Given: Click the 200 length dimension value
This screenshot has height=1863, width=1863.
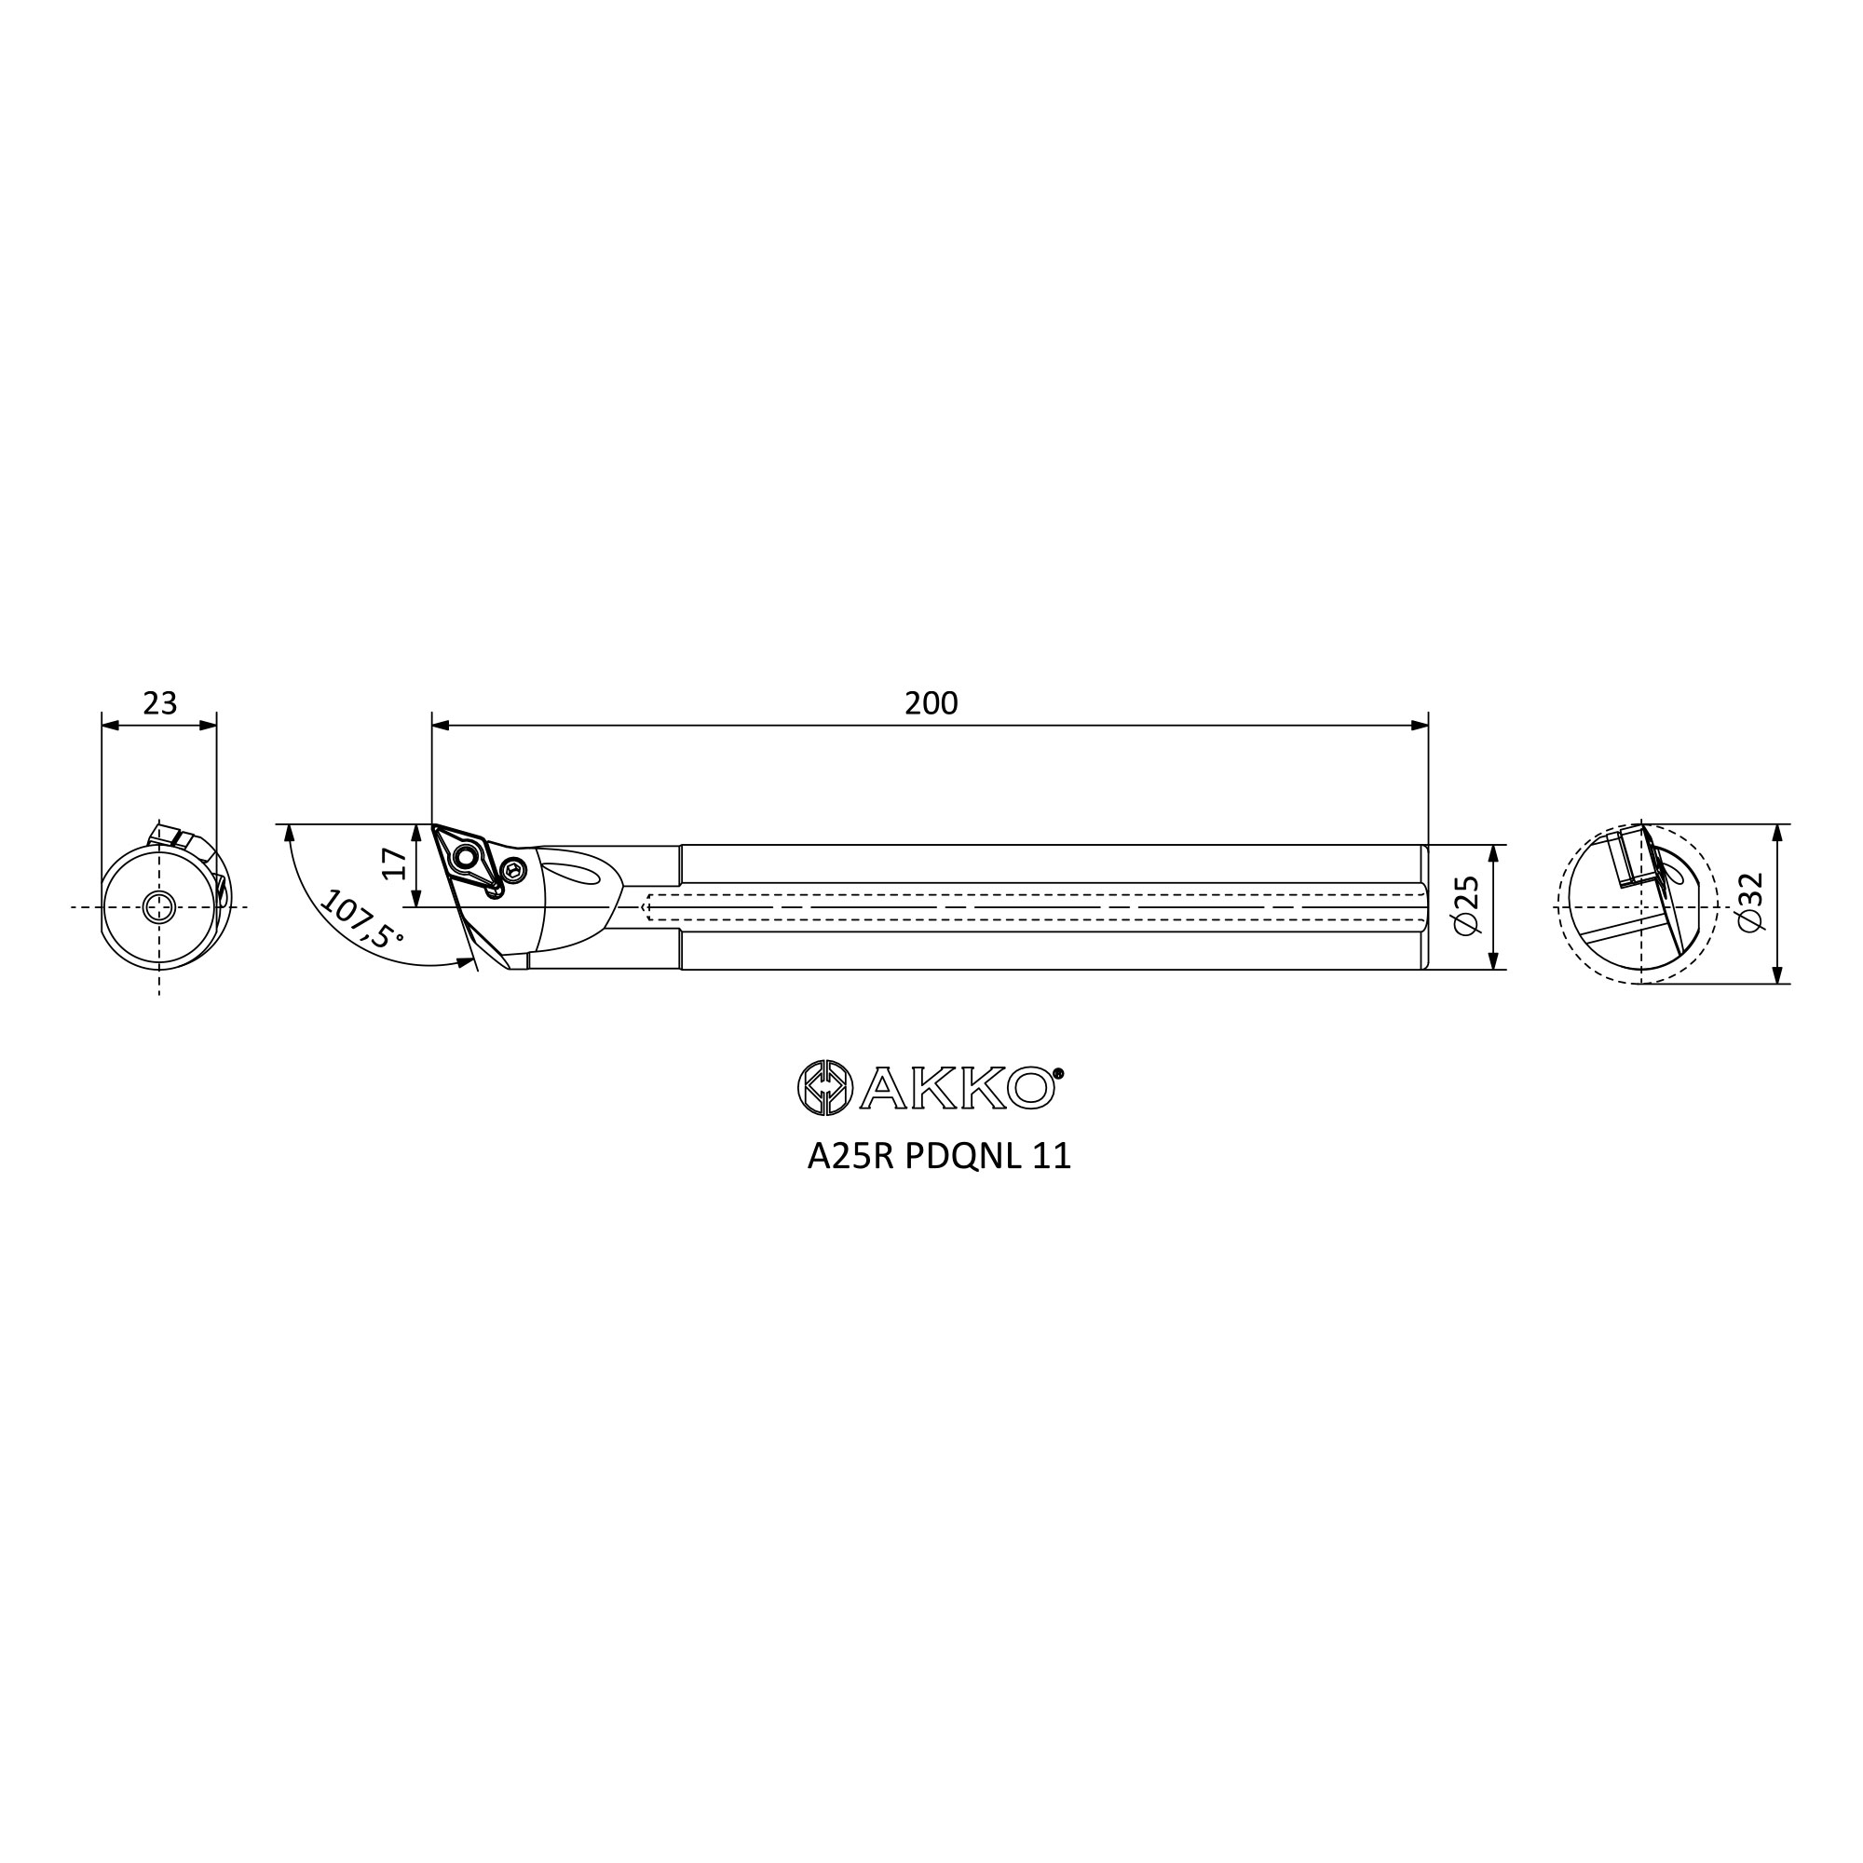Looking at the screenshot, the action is (x=931, y=704).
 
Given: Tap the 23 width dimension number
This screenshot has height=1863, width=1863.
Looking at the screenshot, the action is (x=160, y=704).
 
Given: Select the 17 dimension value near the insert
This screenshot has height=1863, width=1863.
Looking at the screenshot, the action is (x=394, y=864).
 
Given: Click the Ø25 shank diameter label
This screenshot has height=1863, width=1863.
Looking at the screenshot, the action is (x=1464, y=905).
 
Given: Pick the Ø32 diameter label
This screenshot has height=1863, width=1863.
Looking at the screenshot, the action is (x=1749, y=902).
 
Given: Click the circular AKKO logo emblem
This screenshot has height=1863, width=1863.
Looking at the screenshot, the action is (x=824, y=1088).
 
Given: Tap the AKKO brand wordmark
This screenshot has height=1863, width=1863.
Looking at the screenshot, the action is (x=957, y=1089).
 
